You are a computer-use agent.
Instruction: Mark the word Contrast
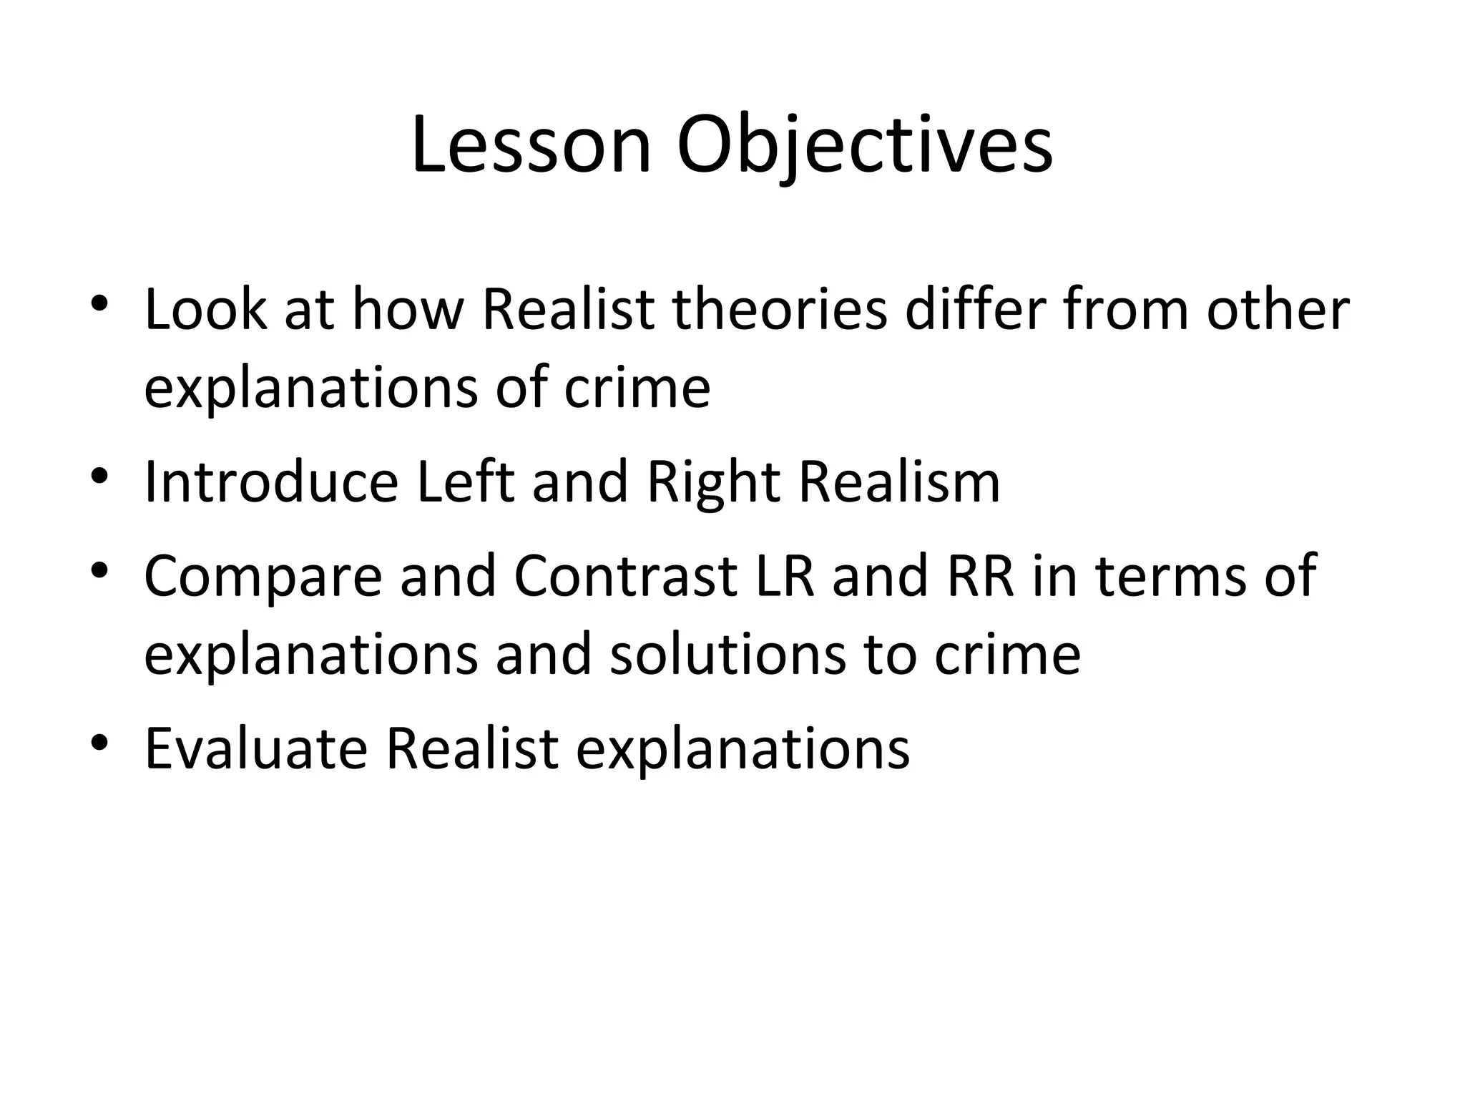click(x=625, y=576)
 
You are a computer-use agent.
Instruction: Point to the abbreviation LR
click(x=785, y=576)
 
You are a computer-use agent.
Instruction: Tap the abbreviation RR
click(x=980, y=576)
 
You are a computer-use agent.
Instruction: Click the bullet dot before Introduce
click(x=99, y=475)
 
